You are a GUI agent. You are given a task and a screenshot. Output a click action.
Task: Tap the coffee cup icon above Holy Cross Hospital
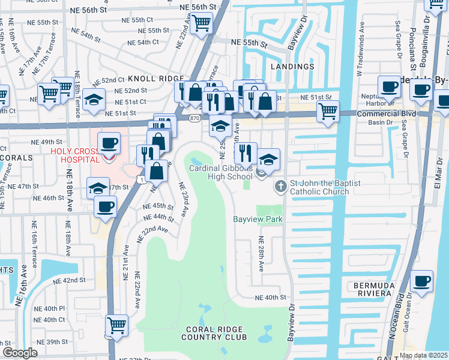(x=109, y=143)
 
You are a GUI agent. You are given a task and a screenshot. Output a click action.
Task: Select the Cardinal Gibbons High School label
(x=221, y=172)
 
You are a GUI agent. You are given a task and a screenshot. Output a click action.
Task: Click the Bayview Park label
(x=258, y=220)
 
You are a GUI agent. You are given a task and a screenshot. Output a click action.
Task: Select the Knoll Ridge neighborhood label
(x=155, y=79)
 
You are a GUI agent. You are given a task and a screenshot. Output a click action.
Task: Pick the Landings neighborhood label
(x=292, y=67)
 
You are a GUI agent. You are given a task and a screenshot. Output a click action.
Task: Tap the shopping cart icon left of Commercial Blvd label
(x=328, y=111)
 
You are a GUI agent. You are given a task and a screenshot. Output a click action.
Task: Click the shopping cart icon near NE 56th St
(x=202, y=23)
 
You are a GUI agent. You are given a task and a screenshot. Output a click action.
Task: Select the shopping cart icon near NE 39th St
(x=117, y=326)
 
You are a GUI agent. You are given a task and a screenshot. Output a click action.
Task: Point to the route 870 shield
(x=194, y=119)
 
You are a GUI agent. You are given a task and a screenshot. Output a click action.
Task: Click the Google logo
(x=20, y=353)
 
